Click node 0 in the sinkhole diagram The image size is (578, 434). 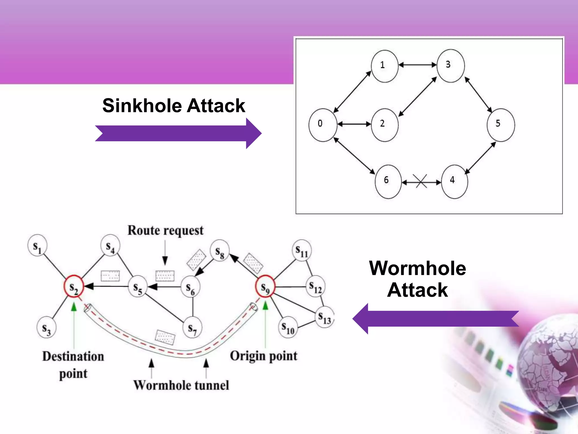(323, 125)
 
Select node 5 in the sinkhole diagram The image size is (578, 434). (501, 125)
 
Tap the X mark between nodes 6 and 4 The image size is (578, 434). (420, 181)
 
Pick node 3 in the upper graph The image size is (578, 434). (450, 66)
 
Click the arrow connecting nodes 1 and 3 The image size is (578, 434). (418, 65)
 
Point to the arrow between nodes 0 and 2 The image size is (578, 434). (354, 124)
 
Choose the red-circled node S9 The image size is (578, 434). (265, 286)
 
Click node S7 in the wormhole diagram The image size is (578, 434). (193, 327)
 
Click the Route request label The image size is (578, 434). (165, 230)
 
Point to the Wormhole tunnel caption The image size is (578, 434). (181, 385)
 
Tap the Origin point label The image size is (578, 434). (264, 356)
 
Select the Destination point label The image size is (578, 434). (73, 364)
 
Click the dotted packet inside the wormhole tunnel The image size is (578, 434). (165, 337)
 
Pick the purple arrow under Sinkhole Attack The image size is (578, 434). (178, 133)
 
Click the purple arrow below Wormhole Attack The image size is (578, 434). (436, 319)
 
